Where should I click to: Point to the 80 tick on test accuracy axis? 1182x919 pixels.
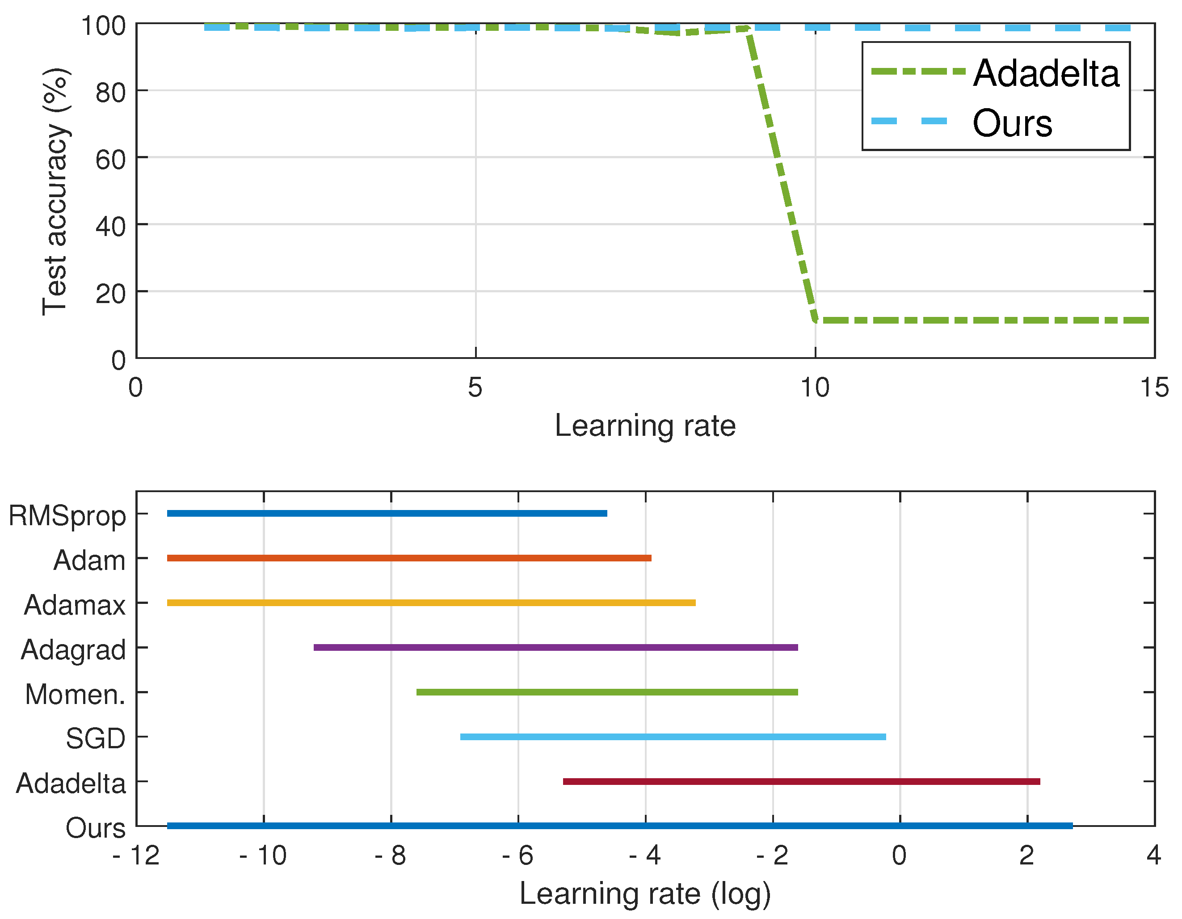tap(110, 92)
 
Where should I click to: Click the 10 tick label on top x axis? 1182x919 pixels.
tap(815, 388)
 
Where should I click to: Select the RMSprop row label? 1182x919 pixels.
tap(67, 515)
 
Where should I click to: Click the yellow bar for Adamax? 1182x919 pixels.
tap(431, 603)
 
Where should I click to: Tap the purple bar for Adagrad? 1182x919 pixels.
tap(555, 647)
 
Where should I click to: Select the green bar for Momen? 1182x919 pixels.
tap(607, 691)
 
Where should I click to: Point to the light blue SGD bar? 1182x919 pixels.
tap(673, 737)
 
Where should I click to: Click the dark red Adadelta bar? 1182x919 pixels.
tap(801, 781)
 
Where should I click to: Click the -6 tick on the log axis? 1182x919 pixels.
tap(518, 856)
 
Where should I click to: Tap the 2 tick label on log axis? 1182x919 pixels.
tap(1026, 856)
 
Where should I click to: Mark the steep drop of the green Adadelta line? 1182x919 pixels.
tap(782, 173)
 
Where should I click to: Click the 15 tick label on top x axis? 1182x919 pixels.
tap(1154, 388)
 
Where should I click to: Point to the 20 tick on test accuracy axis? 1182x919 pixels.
tap(110, 293)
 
